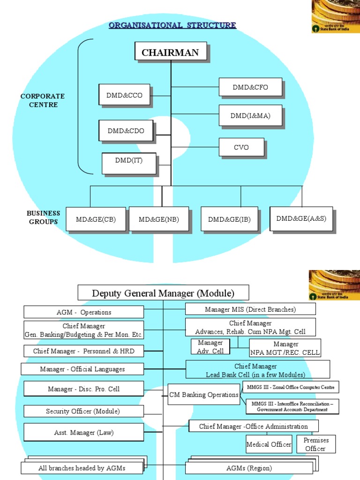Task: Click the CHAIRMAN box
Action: click(x=171, y=52)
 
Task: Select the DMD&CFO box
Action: click(x=250, y=88)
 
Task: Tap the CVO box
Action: click(x=241, y=147)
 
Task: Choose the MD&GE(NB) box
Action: click(x=159, y=219)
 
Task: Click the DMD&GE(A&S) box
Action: click(x=301, y=218)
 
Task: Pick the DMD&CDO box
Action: click(x=126, y=131)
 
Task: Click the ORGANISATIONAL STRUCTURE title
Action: click(x=172, y=25)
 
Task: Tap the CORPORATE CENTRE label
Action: click(x=43, y=100)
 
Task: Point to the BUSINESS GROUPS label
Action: click(x=44, y=217)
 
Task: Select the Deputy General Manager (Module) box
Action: click(x=163, y=293)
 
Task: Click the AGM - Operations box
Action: click(x=84, y=312)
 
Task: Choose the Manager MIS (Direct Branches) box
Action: click(x=250, y=309)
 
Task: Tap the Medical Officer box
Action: click(x=269, y=444)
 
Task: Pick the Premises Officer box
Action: click(x=316, y=444)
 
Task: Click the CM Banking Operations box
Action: click(x=204, y=395)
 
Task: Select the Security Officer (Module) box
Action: click(x=84, y=411)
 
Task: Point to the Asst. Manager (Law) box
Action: click(x=84, y=432)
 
